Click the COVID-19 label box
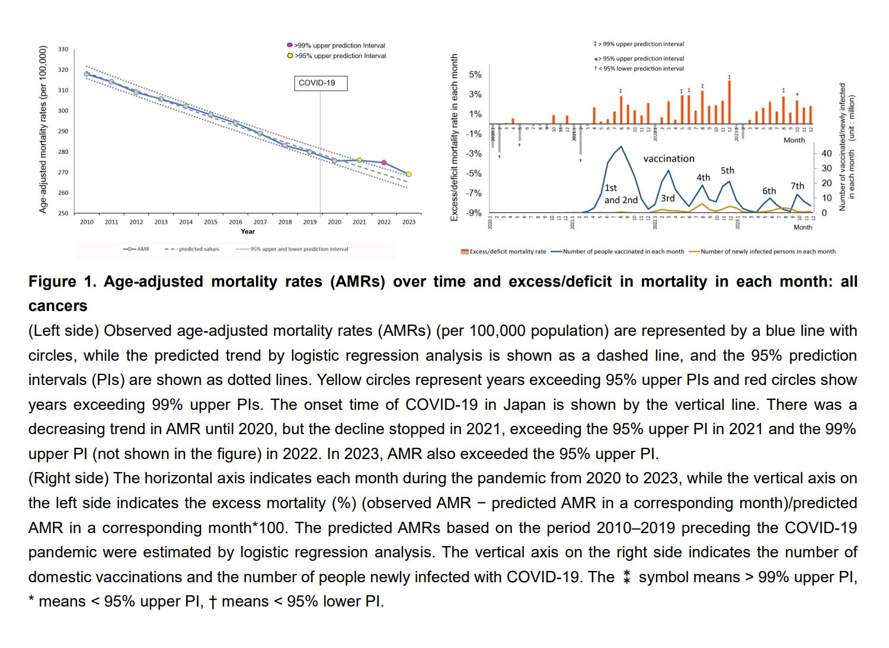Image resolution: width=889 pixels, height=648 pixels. pyautogui.click(x=321, y=83)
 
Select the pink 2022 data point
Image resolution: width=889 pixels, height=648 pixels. pyautogui.click(x=384, y=162)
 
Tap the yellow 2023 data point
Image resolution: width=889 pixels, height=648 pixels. pyautogui.click(x=408, y=174)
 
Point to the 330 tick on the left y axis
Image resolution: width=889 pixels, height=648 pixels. pyautogui.click(x=63, y=49)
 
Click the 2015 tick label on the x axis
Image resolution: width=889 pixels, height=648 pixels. pyautogui.click(x=210, y=222)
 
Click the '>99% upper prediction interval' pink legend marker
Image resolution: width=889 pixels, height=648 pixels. pyautogui.click(x=289, y=45)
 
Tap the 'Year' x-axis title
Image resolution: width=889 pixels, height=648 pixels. pyautogui.click(x=248, y=232)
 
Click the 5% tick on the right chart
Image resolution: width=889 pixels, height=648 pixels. pyautogui.click(x=475, y=75)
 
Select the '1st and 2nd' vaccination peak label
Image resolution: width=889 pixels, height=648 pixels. pyautogui.click(x=621, y=194)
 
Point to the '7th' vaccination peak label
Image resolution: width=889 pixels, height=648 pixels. pyautogui.click(x=797, y=186)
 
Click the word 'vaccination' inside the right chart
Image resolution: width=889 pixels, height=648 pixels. pyautogui.click(x=669, y=159)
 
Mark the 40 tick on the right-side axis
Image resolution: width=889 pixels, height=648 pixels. pyautogui.click(x=826, y=153)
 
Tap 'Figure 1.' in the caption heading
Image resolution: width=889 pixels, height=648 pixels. pyautogui.click(x=62, y=281)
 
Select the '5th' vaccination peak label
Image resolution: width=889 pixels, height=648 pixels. pyautogui.click(x=727, y=171)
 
